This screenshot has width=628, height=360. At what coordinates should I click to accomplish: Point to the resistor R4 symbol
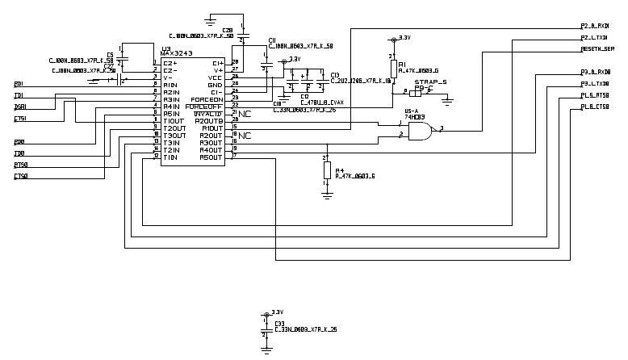(x=327, y=170)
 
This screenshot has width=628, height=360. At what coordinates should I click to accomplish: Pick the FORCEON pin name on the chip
(x=207, y=99)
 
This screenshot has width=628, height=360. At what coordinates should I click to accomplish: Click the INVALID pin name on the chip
(x=209, y=113)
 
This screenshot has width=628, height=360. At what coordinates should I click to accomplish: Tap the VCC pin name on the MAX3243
(x=215, y=77)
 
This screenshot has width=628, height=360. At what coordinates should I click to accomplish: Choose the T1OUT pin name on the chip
(x=173, y=120)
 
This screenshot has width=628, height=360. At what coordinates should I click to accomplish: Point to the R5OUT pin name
(x=211, y=157)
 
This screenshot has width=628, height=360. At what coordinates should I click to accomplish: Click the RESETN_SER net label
(x=598, y=49)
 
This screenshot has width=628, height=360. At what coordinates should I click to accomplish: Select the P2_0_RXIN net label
(x=595, y=27)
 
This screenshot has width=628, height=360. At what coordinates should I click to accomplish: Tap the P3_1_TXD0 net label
(x=595, y=83)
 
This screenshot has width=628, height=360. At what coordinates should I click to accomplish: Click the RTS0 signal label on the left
(x=20, y=164)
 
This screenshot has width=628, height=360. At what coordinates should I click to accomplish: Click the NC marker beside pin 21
(x=244, y=114)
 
